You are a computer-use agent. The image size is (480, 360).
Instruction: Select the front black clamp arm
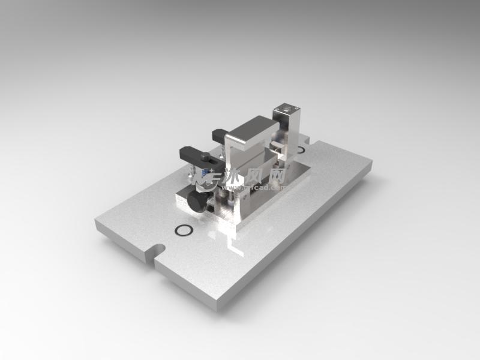[193, 154]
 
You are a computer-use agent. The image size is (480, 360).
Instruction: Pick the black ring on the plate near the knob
[184, 230]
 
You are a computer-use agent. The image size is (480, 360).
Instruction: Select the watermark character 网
[276, 175]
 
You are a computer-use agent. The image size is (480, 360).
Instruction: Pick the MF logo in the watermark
[211, 177]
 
